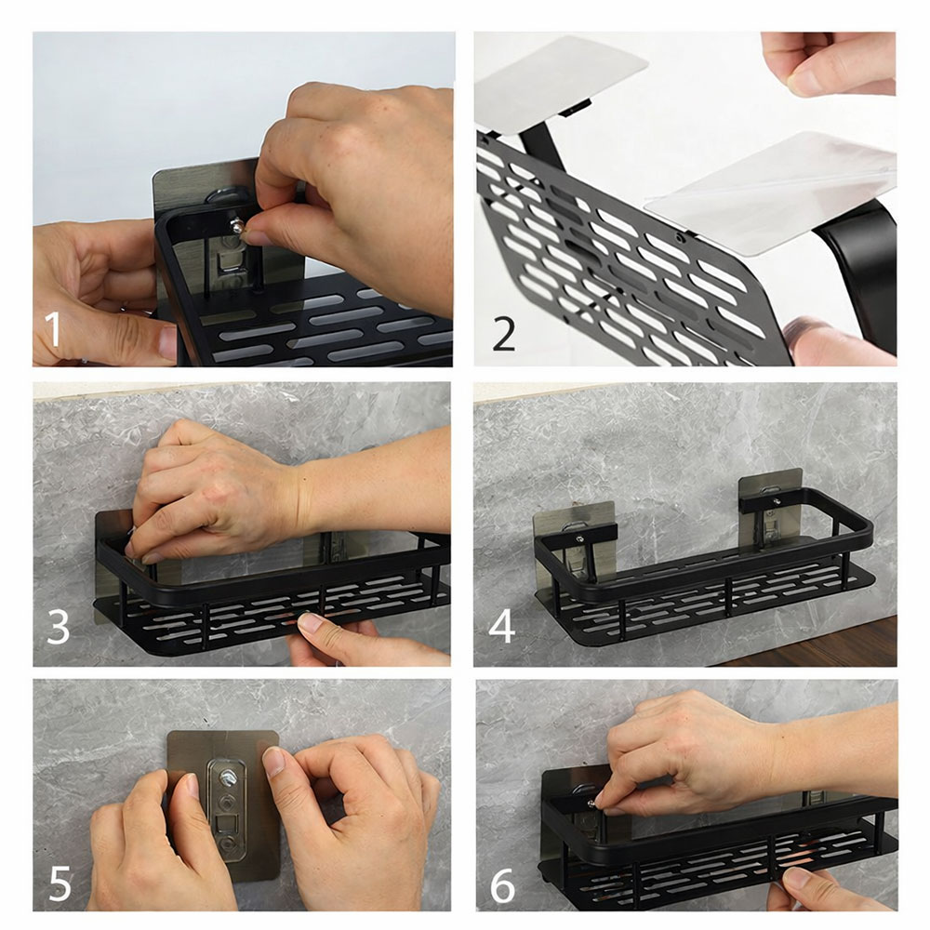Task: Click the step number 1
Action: pos(53,330)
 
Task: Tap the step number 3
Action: pos(58,626)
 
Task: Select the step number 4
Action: pos(501,626)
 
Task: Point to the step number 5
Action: pos(60,883)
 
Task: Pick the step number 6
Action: pos(503,886)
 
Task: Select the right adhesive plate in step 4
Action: pos(770,515)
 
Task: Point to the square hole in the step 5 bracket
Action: pos(226,823)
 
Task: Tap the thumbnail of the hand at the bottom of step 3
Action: pos(310,622)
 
